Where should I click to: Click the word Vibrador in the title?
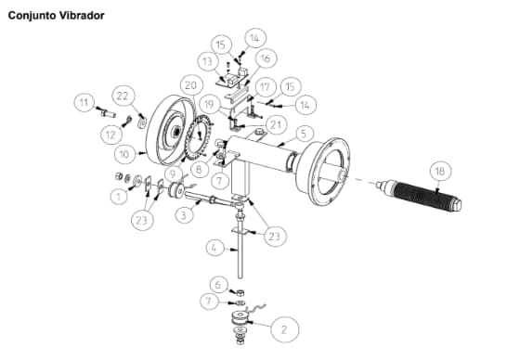[x=83, y=15]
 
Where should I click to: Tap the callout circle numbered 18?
[x=440, y=172]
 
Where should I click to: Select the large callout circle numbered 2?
[x=284, y=329]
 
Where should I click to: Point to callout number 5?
[x=303, y=135]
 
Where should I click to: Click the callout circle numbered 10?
[x=124, y=154]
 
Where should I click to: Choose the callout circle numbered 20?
[x=191, y=85]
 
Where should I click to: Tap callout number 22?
[x=123, y=96]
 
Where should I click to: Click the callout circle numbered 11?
[x=84, y=102]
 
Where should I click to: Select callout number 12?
[x=111, y=135]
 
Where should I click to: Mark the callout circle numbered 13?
[x=208, y=61]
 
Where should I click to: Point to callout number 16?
[x=266, y=58]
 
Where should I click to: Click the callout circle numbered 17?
[x=265, y=87]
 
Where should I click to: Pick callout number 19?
[x=209, y=105]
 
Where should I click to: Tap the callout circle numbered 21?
[x=275, y=125]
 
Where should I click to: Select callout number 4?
[x=214, y=248]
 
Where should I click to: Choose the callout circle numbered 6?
[x=218, y=285]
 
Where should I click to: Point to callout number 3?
[x=184, y=215]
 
